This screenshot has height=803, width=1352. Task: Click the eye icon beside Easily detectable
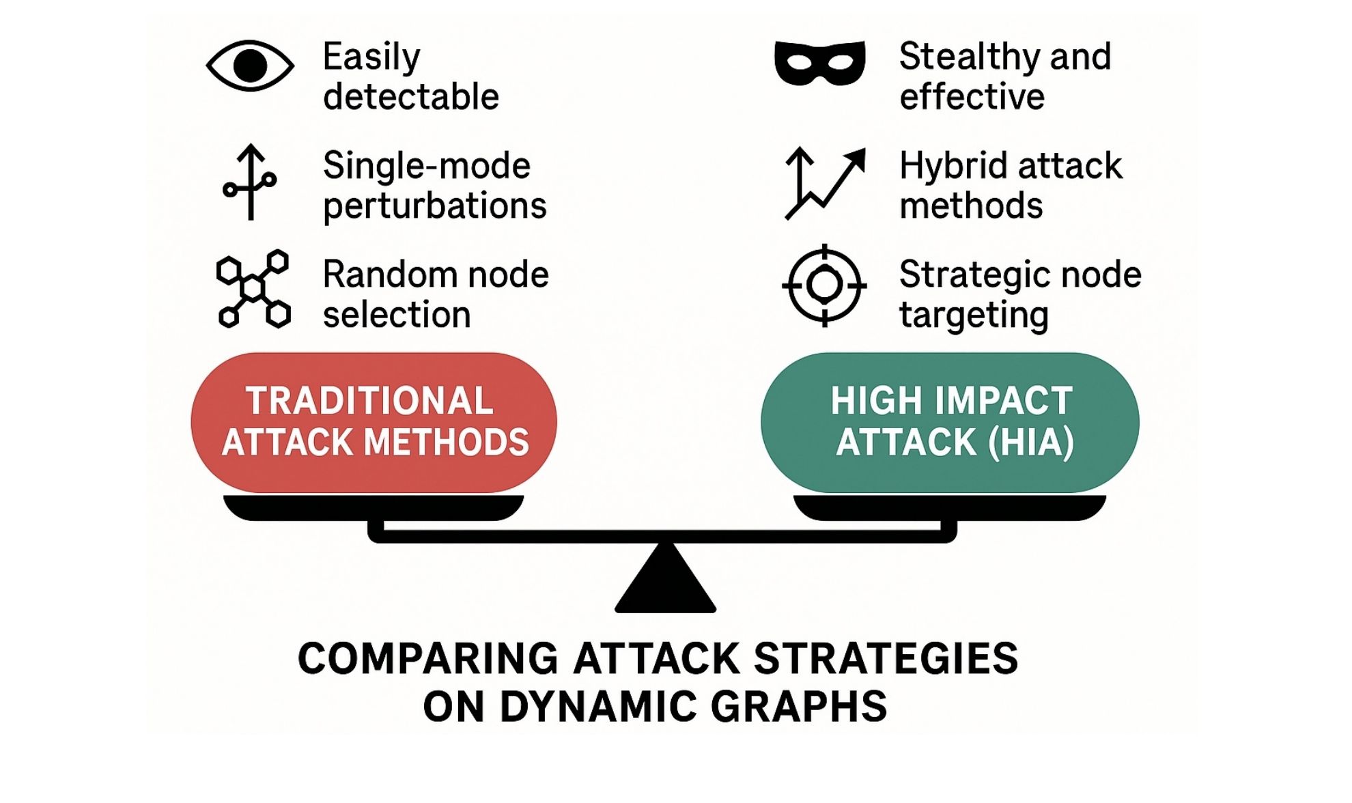click(250, 66)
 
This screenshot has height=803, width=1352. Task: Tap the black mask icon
click(819, 64)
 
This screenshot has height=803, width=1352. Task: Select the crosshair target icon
click(824, 285)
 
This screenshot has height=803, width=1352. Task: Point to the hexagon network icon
click(253, 289)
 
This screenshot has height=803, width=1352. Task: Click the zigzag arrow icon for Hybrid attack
click(825, 183)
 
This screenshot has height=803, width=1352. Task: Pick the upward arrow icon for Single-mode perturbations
click(250, 182)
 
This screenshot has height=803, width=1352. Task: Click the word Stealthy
click(968, 57)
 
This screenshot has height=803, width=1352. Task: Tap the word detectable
click(411, 97)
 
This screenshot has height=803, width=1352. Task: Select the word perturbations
click(435, 206)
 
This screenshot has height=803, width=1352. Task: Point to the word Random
click(380, 274)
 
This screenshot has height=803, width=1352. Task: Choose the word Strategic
click(975, 274)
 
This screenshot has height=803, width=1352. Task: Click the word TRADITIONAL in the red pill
click(369, 401)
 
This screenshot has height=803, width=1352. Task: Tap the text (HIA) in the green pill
click(1031, 442)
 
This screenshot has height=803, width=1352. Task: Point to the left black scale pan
click(374, 507)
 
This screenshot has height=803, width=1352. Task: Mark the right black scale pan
click(949, 507)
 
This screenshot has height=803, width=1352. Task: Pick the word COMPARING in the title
click(428, 659)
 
